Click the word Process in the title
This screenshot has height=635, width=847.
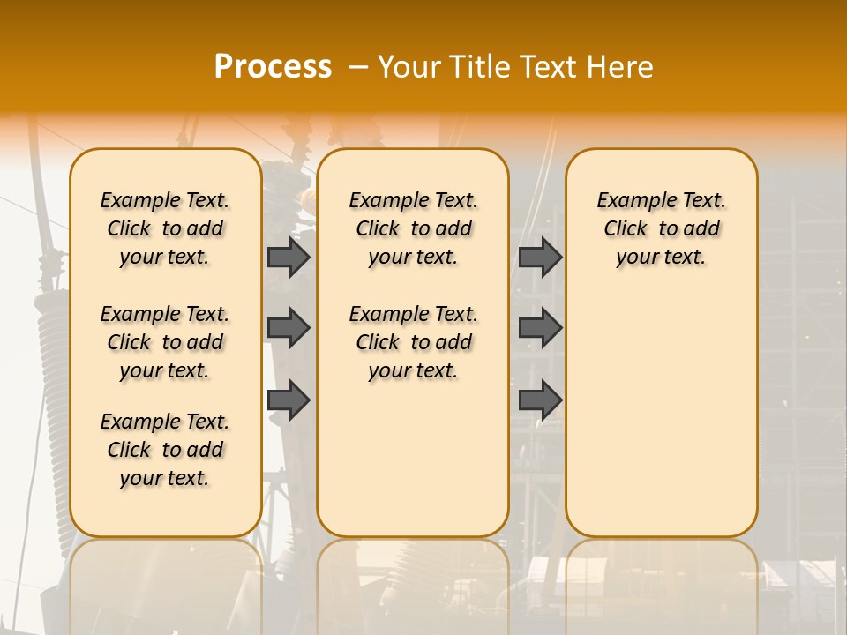273,66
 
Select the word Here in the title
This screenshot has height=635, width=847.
621,66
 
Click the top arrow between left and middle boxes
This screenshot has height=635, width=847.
289,257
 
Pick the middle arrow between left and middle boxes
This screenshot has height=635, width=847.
289,328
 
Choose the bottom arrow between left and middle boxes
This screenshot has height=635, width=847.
289,400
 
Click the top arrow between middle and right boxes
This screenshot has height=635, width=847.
540,257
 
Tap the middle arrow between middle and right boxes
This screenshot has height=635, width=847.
540,328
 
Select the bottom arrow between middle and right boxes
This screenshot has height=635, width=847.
540,400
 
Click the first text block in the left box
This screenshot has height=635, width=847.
165,228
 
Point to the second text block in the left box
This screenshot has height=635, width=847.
165,342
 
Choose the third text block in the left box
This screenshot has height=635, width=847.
165,450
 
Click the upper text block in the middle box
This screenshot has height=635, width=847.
413,228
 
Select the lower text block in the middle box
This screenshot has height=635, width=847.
413,342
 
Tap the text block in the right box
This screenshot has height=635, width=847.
661,228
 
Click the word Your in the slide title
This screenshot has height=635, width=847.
408,66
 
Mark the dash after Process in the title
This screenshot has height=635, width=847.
358,66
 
